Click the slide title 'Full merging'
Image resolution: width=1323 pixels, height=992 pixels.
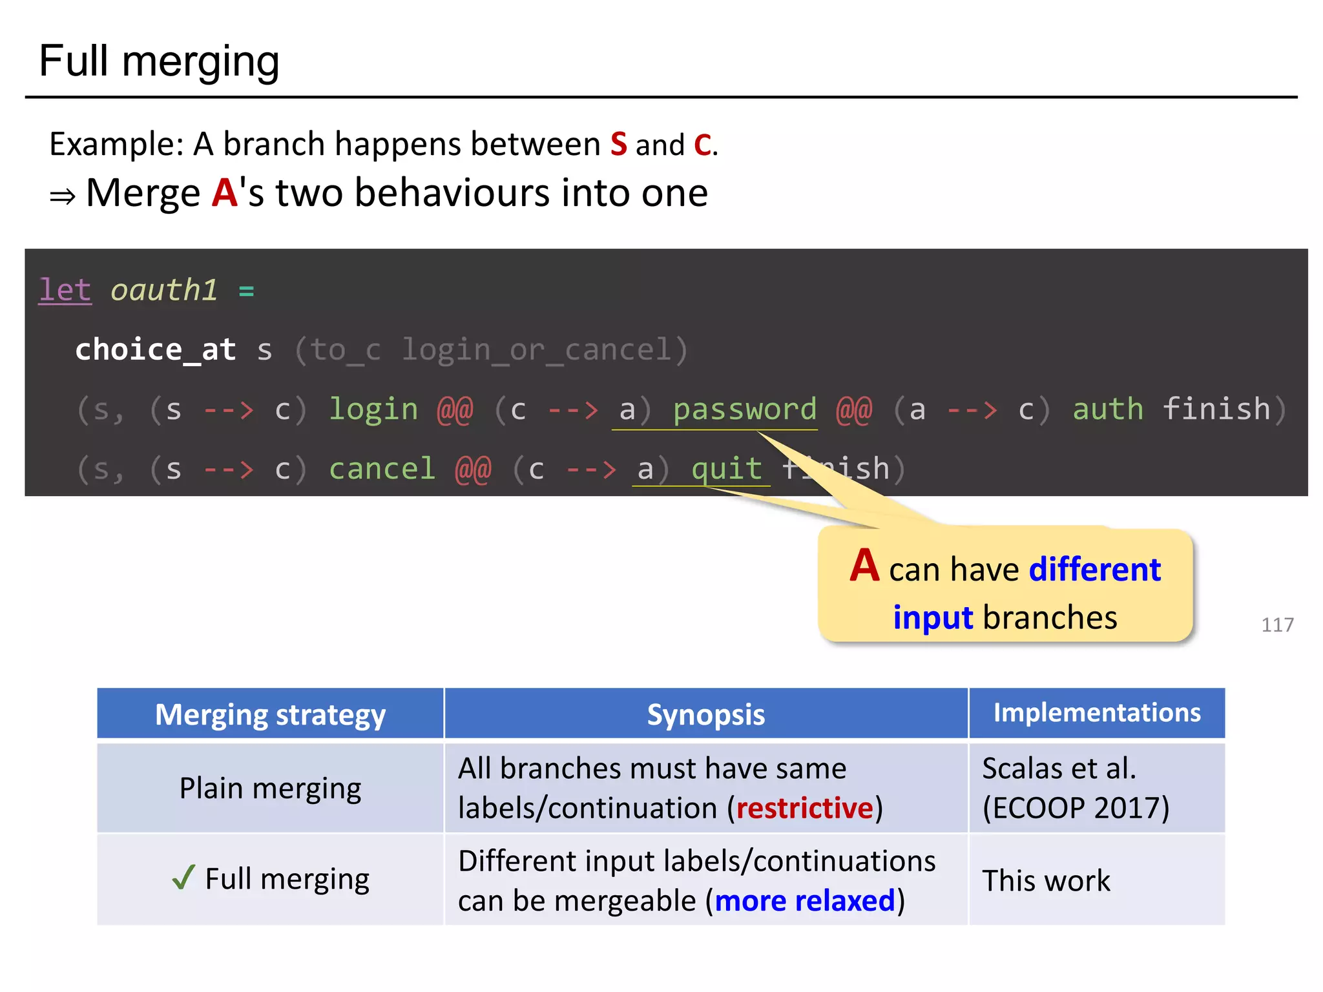[x=159, y=61]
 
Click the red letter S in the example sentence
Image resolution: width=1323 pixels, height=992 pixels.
[x=618, y=143]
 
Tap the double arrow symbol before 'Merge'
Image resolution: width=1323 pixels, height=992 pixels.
[x=63, y=196]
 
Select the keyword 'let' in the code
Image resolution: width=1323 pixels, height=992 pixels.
[x=65, y=290]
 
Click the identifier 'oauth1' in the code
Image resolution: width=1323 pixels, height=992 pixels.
[x=163, y=290]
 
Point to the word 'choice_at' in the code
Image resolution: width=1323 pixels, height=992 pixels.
[x=155, y=349]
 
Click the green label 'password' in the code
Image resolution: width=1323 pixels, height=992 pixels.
[x=744, y=409]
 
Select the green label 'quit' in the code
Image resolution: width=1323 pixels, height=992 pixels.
[x=726, y=469]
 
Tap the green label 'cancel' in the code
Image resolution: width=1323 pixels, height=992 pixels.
[x=382, y=469]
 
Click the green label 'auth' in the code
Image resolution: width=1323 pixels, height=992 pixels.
[x=1107, y=409]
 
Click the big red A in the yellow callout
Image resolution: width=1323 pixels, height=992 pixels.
[x=864, y=566]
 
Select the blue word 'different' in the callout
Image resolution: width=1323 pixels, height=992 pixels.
[x=1094, y=570]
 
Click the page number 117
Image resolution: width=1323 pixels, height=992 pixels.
[x=1277, y=625]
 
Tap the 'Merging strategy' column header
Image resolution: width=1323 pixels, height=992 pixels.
[x=270, y=714]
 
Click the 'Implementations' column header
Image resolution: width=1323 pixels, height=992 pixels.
[x=1096, y=712]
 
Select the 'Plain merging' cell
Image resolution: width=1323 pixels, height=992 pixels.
[x=270, y=788]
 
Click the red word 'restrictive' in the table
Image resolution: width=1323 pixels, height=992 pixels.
[x=804, y=808]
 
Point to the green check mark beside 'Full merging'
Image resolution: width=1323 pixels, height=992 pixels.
[x=183, y=877]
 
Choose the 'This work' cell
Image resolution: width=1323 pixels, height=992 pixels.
[x=1046, y=880]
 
